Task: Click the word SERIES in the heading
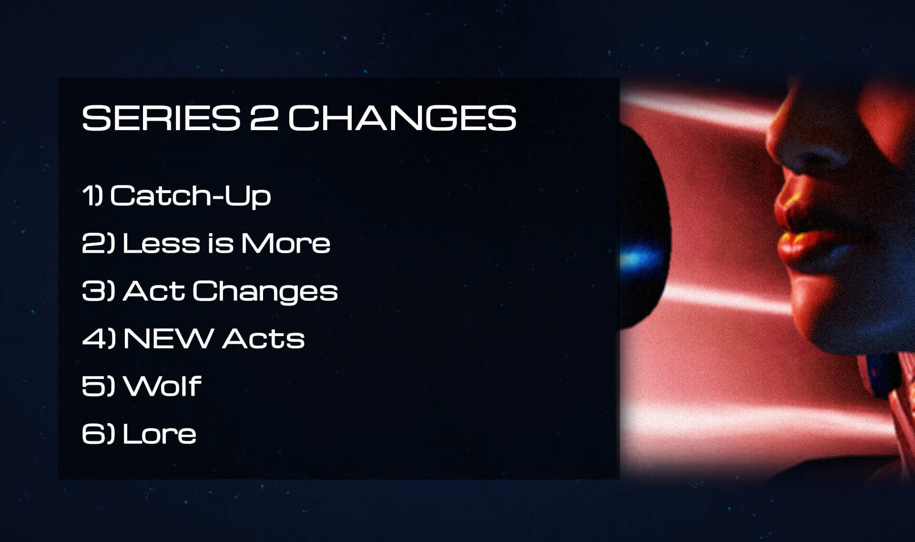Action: [161, 118]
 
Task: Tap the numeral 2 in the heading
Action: [264, 118]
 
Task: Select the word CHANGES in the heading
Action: [402, 118]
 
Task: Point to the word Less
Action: [162, 243]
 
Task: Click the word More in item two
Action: [285, 243]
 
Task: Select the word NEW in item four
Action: [168, 338]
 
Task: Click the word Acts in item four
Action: [264, 338]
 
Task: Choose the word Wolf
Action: [162, 386]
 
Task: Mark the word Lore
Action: [159, 434]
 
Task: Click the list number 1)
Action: [92, 195]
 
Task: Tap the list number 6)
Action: [99, 434]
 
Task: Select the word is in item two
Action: [221, 243]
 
